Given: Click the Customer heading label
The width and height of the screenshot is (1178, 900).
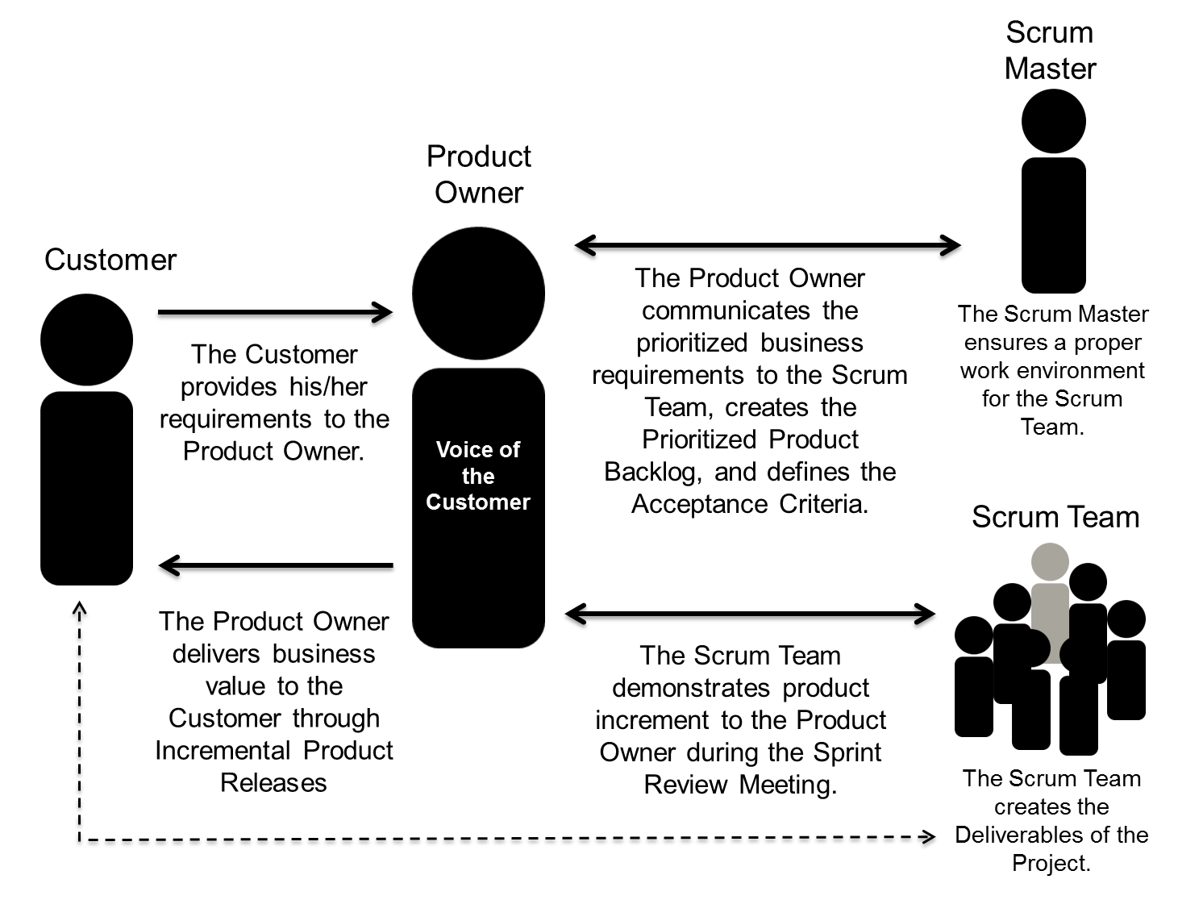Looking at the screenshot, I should pyautogui.click(x=110, y=260).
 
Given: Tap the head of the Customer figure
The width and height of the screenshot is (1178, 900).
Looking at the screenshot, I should pyautogui.click(x=86, y=340).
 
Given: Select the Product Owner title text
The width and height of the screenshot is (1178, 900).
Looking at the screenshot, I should pyautogui.click(x=478, y=174).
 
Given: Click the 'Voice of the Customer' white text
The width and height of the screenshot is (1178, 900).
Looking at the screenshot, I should pyautogui.click(x=478, y=476).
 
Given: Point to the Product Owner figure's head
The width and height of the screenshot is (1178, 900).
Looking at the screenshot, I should pyautogui.click(x=478, y=294).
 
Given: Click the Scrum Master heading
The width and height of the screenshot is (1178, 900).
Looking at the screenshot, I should pyautogui.click(x=1050, y=50).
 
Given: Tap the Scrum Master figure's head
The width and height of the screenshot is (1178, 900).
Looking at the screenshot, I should pyautogui.click(x=1053, y=122).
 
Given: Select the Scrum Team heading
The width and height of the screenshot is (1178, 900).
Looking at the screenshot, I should pyautogui.click(x=1055, y=517).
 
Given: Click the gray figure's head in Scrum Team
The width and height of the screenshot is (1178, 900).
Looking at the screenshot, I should pyautogui.click(x=1050, y=561).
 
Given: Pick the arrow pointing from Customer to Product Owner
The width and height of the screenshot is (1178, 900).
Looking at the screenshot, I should pyautogui.click(x=275, y=312).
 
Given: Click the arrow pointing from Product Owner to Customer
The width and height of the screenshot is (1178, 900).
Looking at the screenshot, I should pyautogui.click(x=275, y=565).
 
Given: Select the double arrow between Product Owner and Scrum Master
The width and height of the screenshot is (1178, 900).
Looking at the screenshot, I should pyautogui.click(x=767, y=244).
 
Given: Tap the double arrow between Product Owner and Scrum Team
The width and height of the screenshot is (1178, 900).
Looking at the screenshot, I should pyautogui.click(x=750, y=614).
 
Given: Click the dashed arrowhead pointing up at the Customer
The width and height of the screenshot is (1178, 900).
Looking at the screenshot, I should pyautogui.click(x=79, y=609).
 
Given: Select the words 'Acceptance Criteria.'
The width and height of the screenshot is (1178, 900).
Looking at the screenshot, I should pyautogui.click(x=750, y=504).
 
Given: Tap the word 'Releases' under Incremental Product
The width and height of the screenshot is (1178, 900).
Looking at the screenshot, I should pyautogui.click(x=273, y=783).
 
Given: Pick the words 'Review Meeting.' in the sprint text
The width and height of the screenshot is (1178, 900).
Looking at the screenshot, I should pyautogui.click(x=740, y=785).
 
